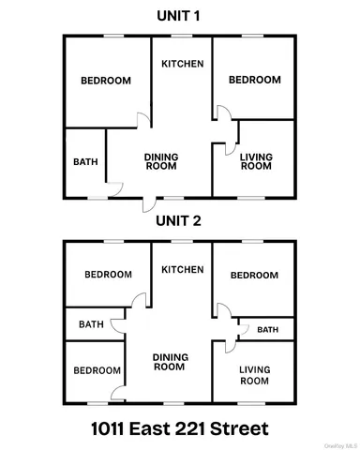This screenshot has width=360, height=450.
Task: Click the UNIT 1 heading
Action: click(180, 16)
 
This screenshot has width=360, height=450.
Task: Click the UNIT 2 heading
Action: click(180, 222)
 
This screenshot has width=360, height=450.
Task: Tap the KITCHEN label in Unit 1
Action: click(182, 64)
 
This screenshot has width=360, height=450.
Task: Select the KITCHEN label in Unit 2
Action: click(182, 270)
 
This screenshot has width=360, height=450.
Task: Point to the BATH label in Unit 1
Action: click(85, 161)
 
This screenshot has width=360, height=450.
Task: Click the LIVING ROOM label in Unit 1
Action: click(255, 161)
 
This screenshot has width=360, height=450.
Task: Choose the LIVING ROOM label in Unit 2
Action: click(254, 376)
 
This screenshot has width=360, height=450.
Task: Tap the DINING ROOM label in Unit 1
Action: click(161, 161)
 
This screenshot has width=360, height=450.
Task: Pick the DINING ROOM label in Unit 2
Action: click(169, 362)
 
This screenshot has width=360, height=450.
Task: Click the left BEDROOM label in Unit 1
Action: click(105, 81)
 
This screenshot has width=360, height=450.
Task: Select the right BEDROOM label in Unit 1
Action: click(255, 81)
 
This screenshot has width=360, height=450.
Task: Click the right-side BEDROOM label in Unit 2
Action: click(254, 275)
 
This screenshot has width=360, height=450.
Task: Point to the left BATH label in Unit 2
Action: click(91, 324)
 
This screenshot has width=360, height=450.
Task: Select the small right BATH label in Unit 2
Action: click(268, 329)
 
